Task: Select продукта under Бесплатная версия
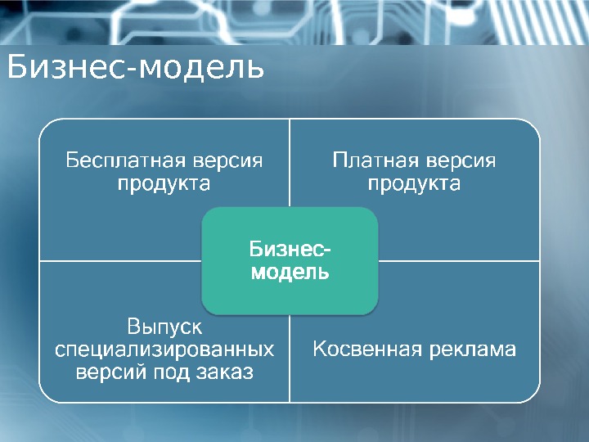pos(164,183)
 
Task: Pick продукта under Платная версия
pos(414,183)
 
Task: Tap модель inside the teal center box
pos(290,272)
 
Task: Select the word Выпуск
pos(164,327)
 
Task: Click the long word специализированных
pos(164,350)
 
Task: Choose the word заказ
pos(221,372)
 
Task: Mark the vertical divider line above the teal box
pos(290,164)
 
